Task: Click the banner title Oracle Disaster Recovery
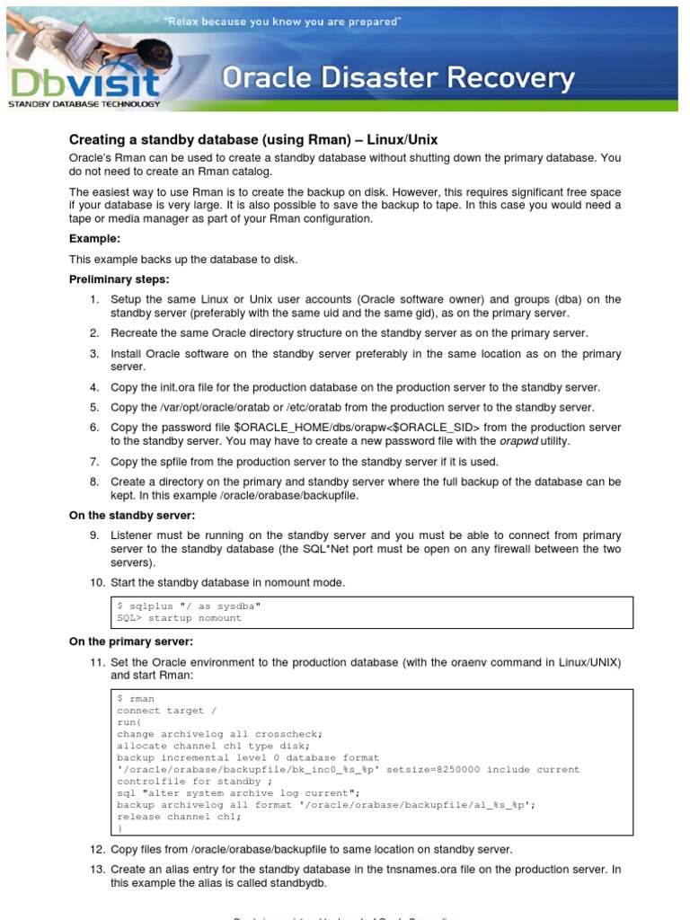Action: tap(398, 79)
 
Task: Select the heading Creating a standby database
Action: tap(253, 139)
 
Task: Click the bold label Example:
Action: tap(94, 238)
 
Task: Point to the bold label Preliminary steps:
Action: tap(119, 279)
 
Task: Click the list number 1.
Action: tap(94, 299)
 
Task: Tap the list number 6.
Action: tap(94, 427)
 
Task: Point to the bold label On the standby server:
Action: tap(132, 515)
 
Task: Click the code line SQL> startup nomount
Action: tap(180, 618)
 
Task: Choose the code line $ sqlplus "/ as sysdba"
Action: tap(189, 606)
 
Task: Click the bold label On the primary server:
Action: tap(131, 641)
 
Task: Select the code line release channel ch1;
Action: tap(180, 817)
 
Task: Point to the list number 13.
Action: tap(97, 870)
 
